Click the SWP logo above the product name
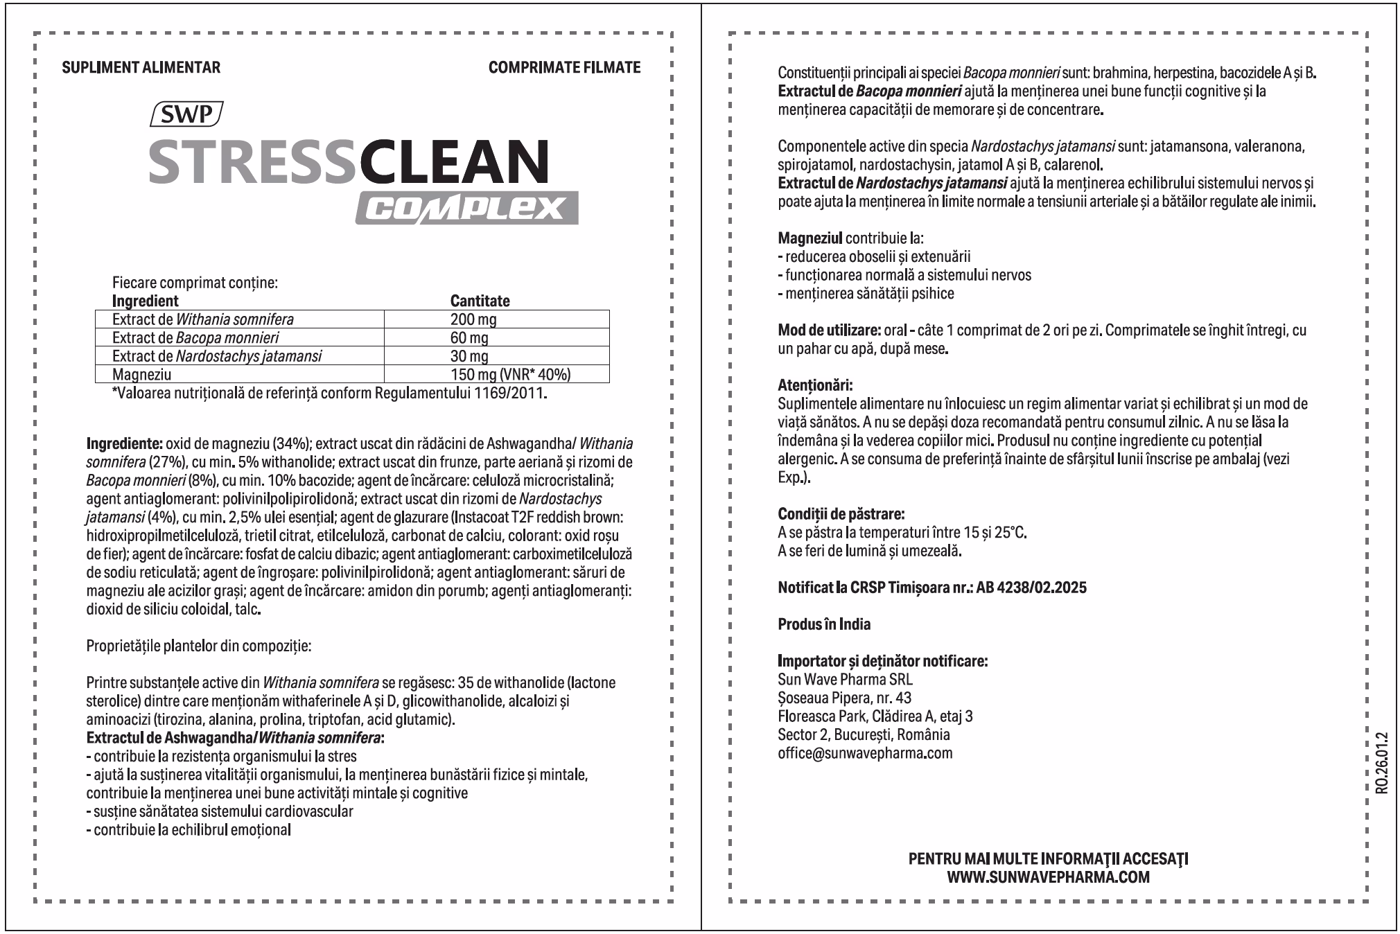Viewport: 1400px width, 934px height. tap(186, 114)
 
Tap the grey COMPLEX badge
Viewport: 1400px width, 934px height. tap(466, 208)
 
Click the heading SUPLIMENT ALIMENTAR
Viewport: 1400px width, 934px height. tap(141, 67)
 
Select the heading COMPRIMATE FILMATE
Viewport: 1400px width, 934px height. tap(564, 67)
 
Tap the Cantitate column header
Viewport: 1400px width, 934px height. tap(480, 301)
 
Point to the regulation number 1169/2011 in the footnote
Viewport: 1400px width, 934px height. tap(509, 394)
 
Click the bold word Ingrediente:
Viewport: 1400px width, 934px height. tap(124, 443)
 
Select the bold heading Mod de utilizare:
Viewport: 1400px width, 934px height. tap(829, 330)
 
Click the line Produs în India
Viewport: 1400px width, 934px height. tap(824, 624)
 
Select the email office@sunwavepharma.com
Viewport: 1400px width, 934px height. tap(865, 753)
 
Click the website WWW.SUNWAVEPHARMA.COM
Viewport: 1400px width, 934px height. tap(1048, 877)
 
